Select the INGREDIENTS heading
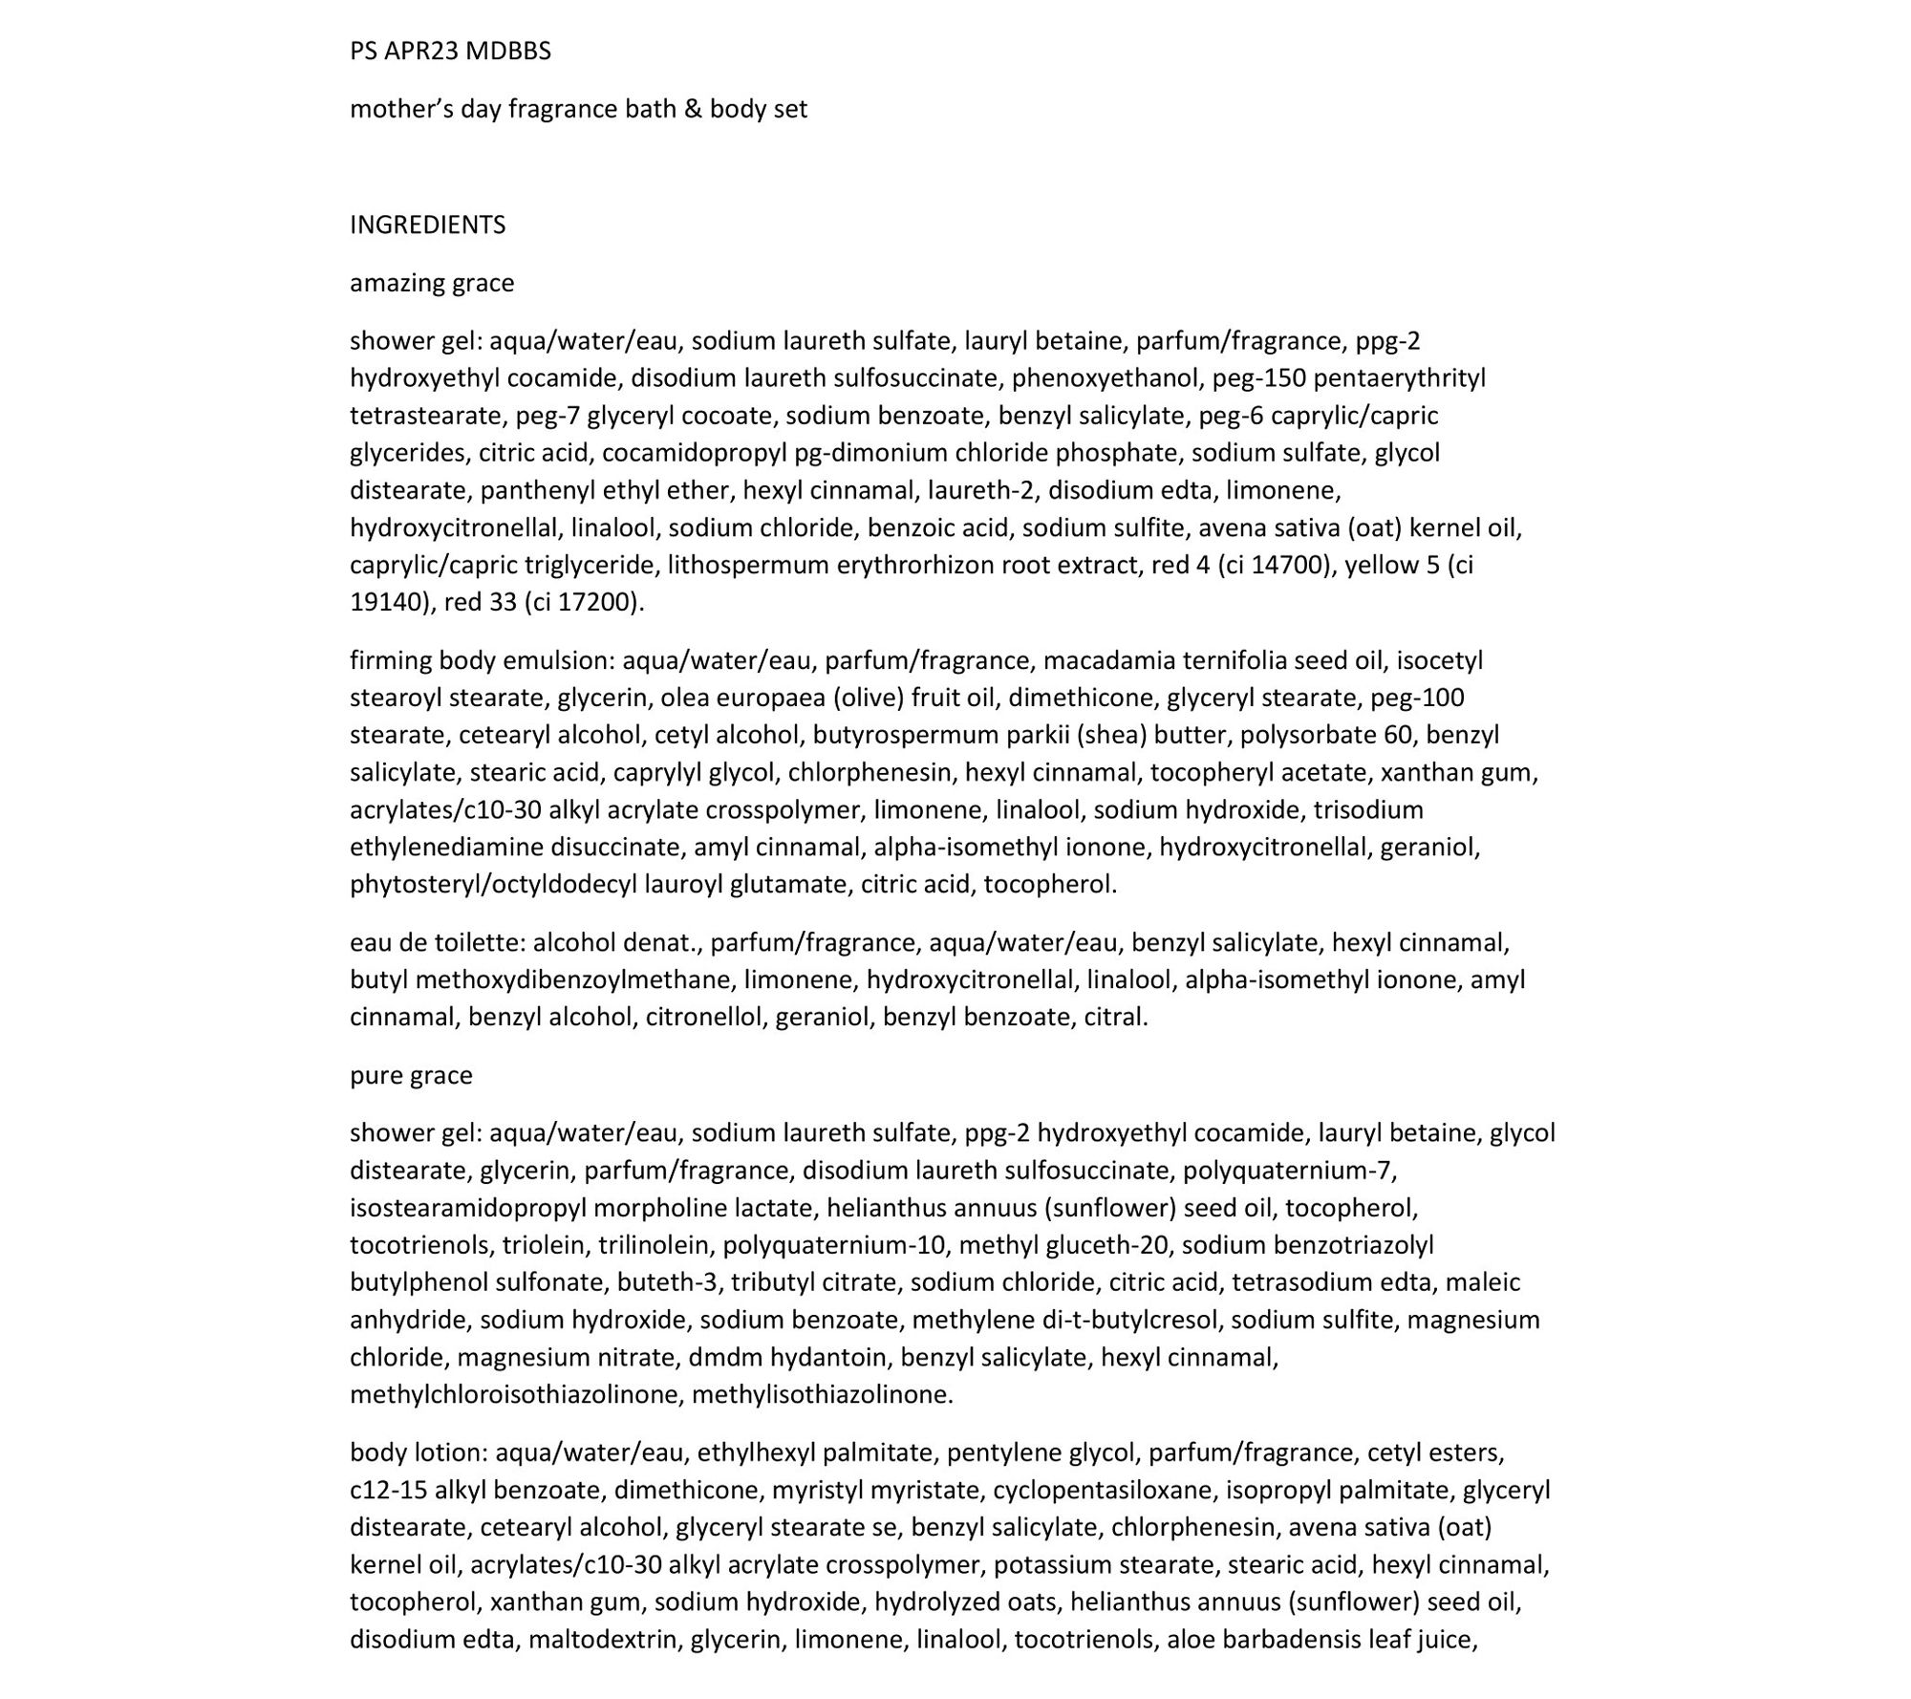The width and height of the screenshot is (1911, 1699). tap(427, 225)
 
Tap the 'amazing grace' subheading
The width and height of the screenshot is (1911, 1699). tap(432, 283)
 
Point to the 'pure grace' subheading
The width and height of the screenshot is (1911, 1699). tap(411, 1075)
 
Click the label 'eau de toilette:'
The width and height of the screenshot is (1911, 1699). tap(438, 943)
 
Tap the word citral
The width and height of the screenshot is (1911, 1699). tap(1115, 1017)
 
